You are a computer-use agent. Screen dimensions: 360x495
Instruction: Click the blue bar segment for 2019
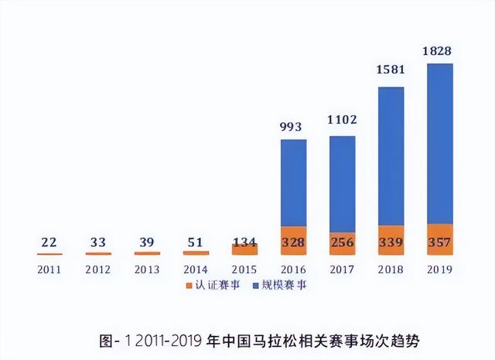[440, 143]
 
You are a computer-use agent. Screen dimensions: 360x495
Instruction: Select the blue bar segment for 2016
[293, 183]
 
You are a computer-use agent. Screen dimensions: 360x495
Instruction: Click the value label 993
[293, 127]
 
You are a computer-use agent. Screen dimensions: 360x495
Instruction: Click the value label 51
[195, 243]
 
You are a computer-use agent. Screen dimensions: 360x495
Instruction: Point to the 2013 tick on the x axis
[146, 269]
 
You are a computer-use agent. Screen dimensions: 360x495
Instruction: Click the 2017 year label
[342, 269]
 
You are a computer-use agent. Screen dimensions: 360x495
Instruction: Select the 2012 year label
[97, 269]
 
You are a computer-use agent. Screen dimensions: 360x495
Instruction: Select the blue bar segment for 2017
[342, 184]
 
